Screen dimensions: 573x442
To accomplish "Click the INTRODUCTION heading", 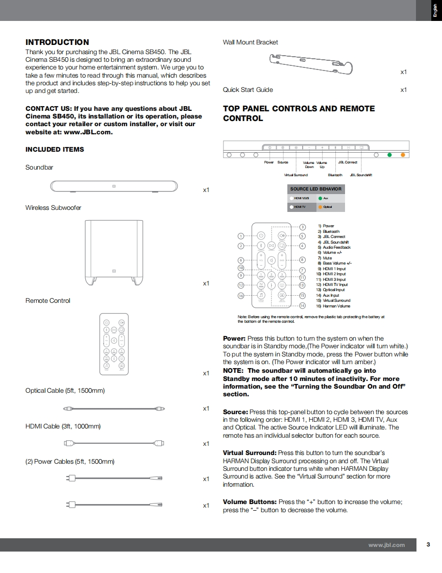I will coord(57,42).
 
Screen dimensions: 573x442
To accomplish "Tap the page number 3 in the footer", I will coord(428,544).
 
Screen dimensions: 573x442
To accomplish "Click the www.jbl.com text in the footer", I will coord(386,545).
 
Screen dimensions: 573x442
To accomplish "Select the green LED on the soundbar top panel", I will coord(389,155).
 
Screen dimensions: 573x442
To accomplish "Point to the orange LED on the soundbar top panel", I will coord(403,155).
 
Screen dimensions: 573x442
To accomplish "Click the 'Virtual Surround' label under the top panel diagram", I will coord(296,175).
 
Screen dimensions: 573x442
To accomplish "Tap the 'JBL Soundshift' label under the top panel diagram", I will coord(361,175).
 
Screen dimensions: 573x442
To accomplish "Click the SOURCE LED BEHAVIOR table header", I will coord(316,189).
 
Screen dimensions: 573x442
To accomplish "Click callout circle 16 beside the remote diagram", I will coord(241,296).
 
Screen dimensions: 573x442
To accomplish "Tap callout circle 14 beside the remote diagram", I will coord(302,305).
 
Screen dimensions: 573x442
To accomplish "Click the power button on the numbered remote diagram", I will coord(260,235).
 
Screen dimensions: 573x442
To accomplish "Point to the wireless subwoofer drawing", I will coord(114,252).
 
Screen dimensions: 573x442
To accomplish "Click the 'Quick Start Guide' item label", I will coord(248,90).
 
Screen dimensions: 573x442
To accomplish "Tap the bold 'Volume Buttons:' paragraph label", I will coord(250,502).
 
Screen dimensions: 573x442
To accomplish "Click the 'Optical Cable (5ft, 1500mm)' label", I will coord(65,391).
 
